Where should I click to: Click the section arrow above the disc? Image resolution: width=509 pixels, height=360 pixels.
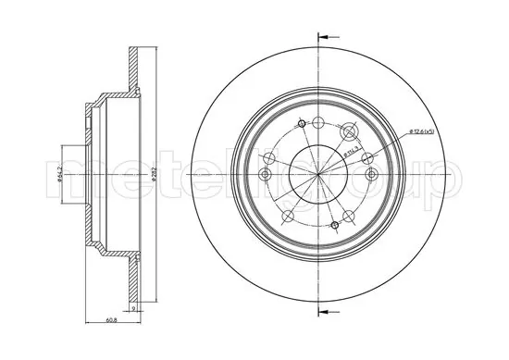[x=323, y=38]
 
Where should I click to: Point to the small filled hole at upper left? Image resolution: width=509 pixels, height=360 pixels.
[x=302, y=123]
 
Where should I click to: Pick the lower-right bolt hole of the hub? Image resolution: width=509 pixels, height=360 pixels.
[x=349, y=215]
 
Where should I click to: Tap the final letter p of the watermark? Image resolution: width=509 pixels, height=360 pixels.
[x=452, y=176]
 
